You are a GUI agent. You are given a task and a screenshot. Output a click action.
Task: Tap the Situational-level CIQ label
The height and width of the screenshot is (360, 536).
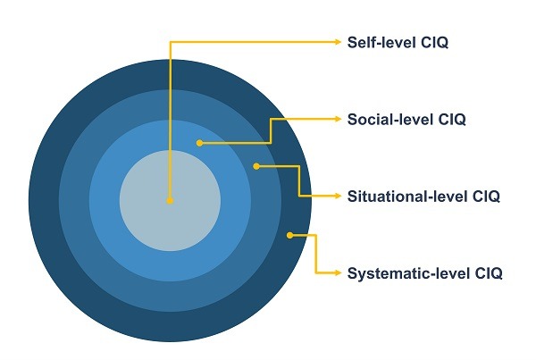(x=423, y=196)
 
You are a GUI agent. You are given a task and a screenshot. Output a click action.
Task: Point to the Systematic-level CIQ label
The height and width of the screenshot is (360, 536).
(x=424, y=272)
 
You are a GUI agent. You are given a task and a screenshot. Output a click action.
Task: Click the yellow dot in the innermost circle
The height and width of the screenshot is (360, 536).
(x=170, y=200)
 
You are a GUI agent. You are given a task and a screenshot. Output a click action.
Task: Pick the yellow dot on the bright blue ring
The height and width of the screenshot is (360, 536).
(x=199, y=142)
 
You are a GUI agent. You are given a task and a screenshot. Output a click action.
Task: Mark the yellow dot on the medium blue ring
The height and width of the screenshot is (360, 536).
(x=257, y=165)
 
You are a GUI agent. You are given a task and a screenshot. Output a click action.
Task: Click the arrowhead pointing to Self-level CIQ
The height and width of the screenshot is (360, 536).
(x=337, y=41)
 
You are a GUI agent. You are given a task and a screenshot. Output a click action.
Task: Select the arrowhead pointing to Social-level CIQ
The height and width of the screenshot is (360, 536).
(x=337, y=119)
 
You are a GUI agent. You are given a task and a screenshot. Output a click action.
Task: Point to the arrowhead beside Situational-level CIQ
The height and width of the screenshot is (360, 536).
(x=337, y=196)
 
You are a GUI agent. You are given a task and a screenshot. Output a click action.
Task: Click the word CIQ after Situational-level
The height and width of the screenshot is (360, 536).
(x=483, y=196)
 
